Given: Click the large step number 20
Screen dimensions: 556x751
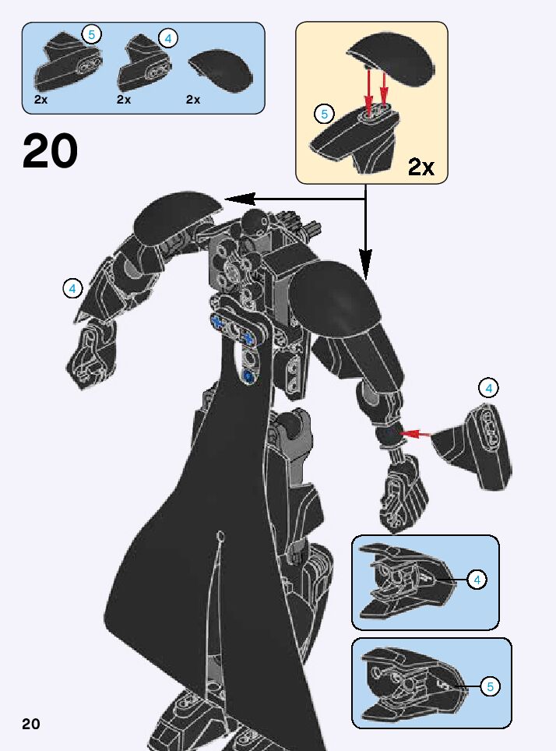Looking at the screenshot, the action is pos(51,151).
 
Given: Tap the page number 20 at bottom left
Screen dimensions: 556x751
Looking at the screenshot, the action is pos(31,724).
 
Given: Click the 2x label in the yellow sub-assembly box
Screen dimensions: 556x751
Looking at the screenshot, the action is pos(421,166).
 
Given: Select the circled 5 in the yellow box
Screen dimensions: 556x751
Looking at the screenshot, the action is pos(323,114).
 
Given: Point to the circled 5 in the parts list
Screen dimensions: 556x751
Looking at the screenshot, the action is pos(91,34).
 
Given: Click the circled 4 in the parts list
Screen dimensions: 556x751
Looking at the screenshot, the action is pos(168,37).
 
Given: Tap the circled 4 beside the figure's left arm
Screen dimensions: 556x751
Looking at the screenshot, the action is pos(72,288).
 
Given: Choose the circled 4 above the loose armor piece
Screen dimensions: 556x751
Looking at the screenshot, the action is pos(489,388).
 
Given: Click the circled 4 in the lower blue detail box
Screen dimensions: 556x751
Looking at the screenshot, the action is pos(477,579).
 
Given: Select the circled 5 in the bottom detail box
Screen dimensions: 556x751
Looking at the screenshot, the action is pos(490,686).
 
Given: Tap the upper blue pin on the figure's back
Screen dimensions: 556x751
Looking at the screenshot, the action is pos(217,321).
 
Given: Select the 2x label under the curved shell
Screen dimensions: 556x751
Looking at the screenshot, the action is pos(193,100).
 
